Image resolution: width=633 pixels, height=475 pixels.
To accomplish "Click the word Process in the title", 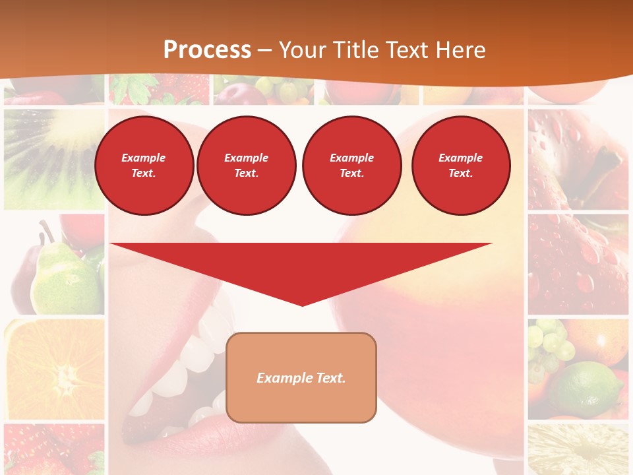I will click(207, 49).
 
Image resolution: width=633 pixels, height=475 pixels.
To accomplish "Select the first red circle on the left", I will click(144, 166).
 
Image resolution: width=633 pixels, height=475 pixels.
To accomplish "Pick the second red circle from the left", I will click(247, 166).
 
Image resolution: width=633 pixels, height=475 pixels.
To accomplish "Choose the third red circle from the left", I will click(352, 166).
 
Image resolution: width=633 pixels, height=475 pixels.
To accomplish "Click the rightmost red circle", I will click(461, 166).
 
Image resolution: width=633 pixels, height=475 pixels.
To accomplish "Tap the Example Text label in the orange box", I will click(301, 378).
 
